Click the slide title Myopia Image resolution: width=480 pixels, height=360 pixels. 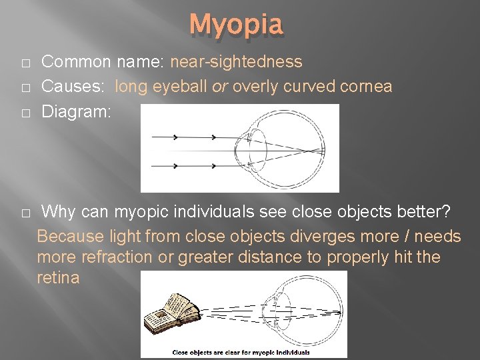(x=237, y=25)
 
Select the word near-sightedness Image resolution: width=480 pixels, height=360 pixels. (x=236, y=62)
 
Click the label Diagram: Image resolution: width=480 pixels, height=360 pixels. (x=77, y=111)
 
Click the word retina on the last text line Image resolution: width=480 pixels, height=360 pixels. (x=58, y=277)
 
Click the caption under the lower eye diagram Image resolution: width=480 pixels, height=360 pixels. (x=241, y=352)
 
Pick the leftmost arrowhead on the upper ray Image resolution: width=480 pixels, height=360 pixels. (x=175, y=137)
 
